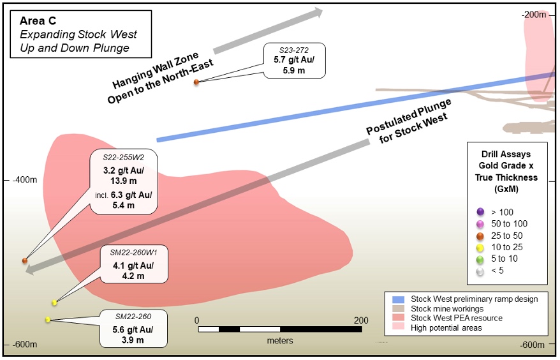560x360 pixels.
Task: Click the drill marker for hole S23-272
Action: [x=196, y=82]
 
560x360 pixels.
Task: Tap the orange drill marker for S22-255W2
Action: [x=25, y=260]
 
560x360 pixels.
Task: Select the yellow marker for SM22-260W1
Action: [x=55, y=303]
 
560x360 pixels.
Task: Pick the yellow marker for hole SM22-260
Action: [x=48, y=320]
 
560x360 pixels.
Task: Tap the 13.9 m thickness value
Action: [x=124, y=181]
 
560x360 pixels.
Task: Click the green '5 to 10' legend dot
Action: [x=479, y=260]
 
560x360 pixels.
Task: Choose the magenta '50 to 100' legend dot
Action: [x=479, y=224]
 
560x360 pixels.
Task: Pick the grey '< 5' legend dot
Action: [x=479, y=272]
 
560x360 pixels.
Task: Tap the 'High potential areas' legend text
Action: [x=447, y=327]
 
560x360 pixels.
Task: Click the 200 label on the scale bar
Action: [x=361, y=320]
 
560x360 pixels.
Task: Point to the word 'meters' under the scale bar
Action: [x=280, y=341]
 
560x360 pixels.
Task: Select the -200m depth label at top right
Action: [x=533, y=15]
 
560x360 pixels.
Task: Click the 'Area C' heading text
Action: [x=38, y=20]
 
